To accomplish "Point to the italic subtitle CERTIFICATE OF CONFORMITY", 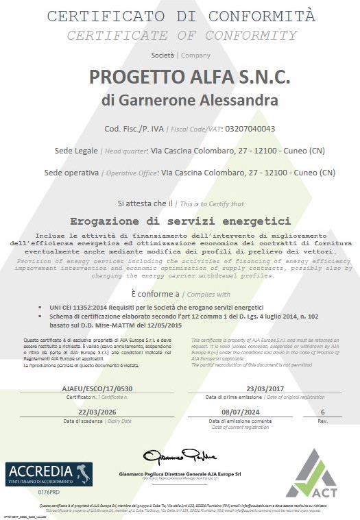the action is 181,36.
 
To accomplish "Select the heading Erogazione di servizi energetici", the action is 181,221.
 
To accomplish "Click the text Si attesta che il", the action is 145,203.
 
